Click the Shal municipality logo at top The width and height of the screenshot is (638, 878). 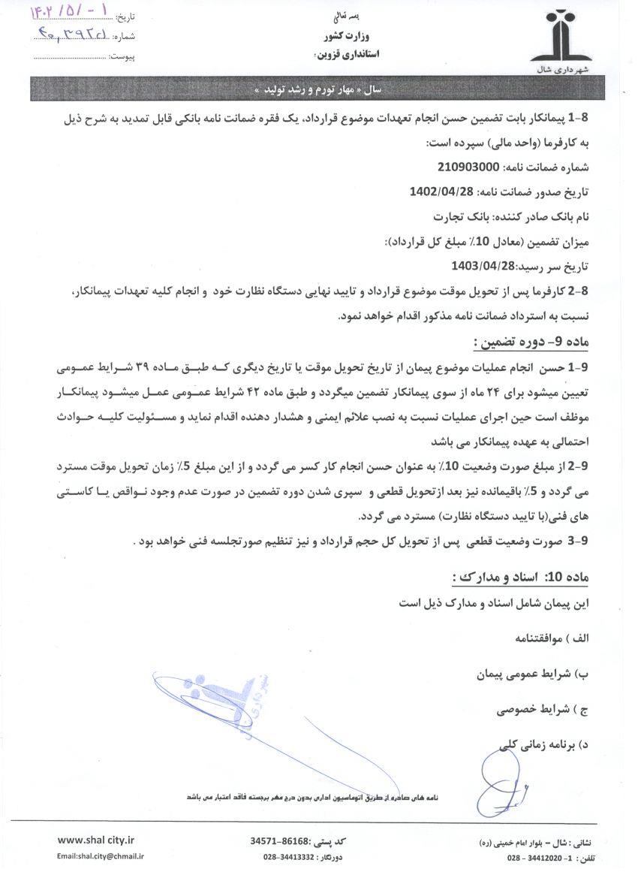tap(561, 38)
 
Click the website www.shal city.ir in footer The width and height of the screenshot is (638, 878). tap(91, 840)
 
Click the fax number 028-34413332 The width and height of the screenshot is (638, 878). tap(288, 856)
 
